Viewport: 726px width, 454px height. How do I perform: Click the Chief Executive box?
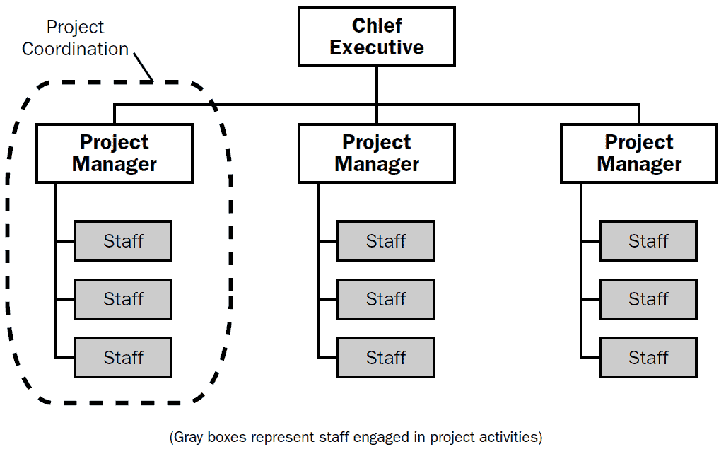tap(376, 37)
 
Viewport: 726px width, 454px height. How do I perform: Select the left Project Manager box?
tap(115, 153)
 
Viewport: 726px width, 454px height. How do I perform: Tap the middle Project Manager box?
tap(376, 153)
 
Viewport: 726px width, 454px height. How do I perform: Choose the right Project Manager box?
tap(639, 153)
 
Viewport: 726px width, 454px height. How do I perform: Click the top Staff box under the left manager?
tap(123, 241)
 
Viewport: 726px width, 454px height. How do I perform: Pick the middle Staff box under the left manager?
tap(123, 299)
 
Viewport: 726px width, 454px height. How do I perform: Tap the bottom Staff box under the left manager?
tap(123, 358)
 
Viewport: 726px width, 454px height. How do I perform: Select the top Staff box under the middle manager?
tap(386, 241)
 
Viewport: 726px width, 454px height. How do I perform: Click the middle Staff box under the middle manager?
tap(386, 299)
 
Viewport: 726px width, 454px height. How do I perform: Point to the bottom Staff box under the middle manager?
tap(386, 358)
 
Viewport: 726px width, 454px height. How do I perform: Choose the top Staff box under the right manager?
tap(648, 241)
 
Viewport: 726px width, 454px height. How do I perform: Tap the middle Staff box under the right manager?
tap(648, 299)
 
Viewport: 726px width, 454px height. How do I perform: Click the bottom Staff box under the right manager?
tap(648, 358)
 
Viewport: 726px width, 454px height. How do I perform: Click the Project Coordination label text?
tap(75, 38)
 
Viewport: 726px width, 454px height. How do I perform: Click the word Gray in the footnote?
tap(189, 437)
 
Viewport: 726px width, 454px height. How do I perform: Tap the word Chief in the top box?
tap(377, 25)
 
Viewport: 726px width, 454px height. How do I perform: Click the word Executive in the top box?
tap(376, 47)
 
